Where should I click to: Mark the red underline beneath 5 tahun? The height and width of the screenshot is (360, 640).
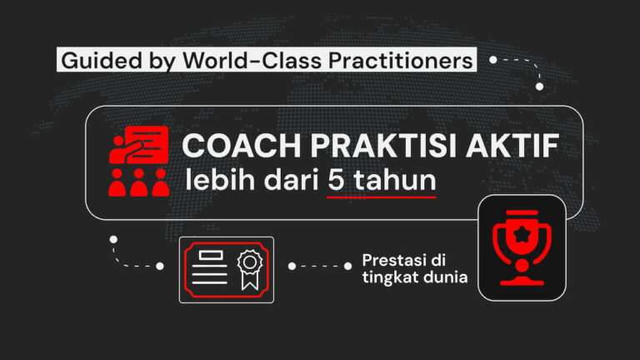[x=382, y=197]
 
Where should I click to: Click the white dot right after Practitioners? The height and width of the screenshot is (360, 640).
[x=493, y=60]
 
